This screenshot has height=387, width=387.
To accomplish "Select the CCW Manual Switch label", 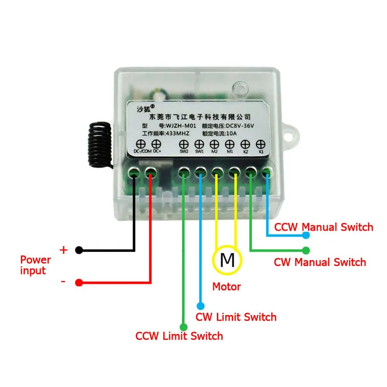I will click(x=324, y=227).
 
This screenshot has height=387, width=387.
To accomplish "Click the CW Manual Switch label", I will click(x=320, y=262).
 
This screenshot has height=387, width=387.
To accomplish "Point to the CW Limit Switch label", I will click(x=236, y=317).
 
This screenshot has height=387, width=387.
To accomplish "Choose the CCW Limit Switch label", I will click(x=179, y=336).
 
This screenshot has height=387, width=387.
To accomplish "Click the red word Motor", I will click(x=226, y=287).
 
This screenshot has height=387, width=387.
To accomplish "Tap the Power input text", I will click(x=36, y=265).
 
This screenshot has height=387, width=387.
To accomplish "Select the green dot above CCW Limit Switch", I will click(x=184, y=327).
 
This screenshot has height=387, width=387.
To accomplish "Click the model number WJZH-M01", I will click(x=182, y=125).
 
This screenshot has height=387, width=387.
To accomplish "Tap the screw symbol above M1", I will click(x=230, y=144).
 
